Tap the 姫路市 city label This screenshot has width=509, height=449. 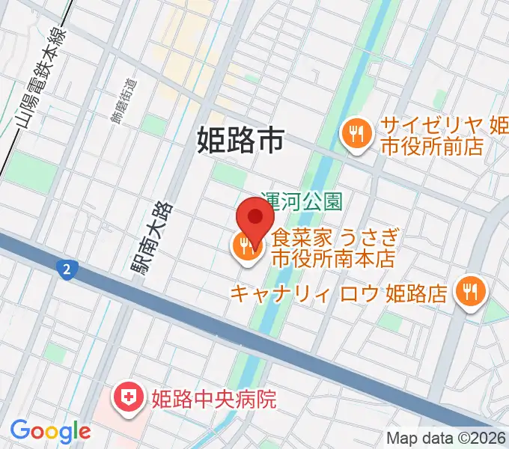241,140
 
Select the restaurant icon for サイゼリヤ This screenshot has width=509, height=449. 353,135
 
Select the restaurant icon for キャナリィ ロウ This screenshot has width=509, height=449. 469,290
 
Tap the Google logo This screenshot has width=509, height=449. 50,431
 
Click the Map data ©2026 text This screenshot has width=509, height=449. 446,438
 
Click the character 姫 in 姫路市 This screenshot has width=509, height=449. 212,140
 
